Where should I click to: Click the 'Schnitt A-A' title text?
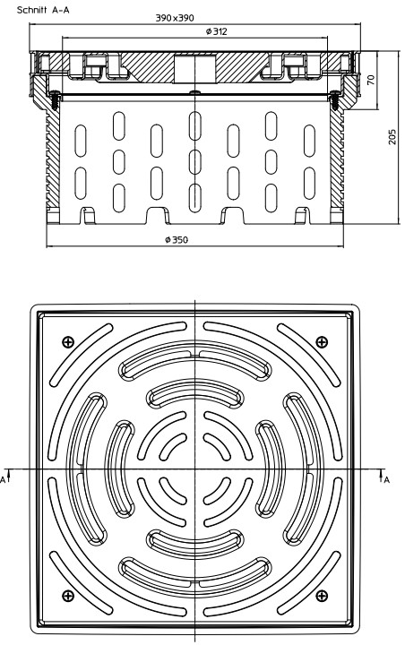(x=43, y=10)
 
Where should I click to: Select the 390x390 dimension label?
(x=175, y=18)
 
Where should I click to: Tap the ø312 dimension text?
(x=217, y=31)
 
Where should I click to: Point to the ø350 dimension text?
(x=177, y=239)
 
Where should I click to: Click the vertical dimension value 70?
(x=371, y=80)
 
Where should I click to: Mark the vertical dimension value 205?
(x=392, y=136)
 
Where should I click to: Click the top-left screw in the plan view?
(x=68, y=341)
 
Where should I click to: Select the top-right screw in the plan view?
(x=322, y=341)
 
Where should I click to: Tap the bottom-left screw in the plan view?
(x=68, y=595)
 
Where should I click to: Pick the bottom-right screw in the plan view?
(x=322, y=595)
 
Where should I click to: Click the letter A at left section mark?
(x=4, y=479)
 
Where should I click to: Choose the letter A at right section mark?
(x=386, y=479)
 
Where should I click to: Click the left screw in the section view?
(x=55, y=100)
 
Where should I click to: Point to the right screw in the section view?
(x=334, y=100)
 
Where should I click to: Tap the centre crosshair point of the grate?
(x=194, y=469)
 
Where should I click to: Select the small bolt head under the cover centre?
(x=194, y=92)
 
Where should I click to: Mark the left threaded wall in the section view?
(x=53, y=159)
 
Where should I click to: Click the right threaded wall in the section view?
(x=337, y=159)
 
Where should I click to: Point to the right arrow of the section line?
(x=381, y=474)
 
